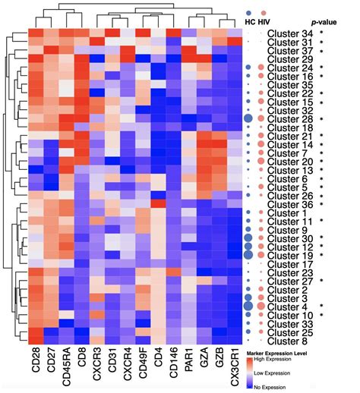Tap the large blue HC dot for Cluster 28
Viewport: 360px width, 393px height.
248,119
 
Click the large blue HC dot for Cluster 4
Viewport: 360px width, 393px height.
248,307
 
